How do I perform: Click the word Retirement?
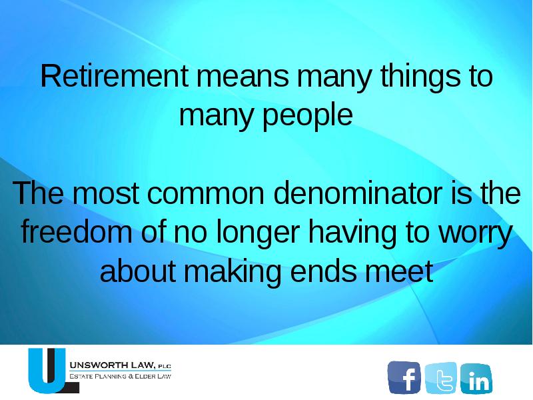click(114, 75)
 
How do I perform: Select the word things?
click(420, 78)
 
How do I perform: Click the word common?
click(206, 193)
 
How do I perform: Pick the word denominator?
click(358, 192)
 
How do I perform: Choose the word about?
click(137, 271)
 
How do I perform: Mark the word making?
click(233, 273)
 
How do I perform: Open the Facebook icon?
click(404, 377)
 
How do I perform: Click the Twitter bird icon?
click(440, 377)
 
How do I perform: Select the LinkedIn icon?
click(476, 378)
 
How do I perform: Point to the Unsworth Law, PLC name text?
click(120, 365)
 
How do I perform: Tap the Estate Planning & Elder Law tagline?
click(120, 376)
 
